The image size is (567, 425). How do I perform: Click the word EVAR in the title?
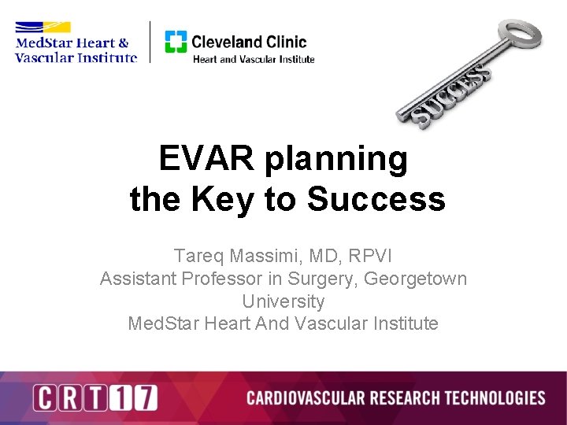tap(207, 159)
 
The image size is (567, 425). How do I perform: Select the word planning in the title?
tap(336, 161)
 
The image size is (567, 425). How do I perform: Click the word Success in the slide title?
tap(376, 200)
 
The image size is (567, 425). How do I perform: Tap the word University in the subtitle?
tap(283, 301)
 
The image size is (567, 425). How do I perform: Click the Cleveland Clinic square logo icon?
tap(176, 42)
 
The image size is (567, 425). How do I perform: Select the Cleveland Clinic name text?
tap(249, 41)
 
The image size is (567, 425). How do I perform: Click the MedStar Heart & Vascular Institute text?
tap(75, 50)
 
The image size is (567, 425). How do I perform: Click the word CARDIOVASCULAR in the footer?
tap(302, 397)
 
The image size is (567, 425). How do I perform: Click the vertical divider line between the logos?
tap(150, 42)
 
